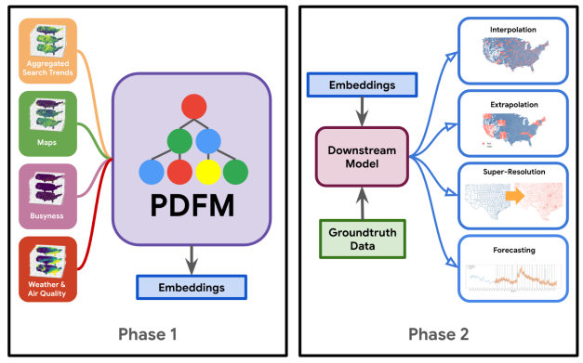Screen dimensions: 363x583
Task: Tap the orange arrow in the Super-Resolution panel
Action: point(513,194)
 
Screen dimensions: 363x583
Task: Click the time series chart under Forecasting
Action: point(513,274)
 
